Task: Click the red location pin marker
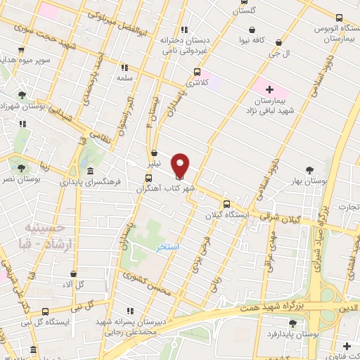coord(181,165)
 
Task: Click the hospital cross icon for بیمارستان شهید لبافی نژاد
coord(269,90)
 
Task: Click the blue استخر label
coord(168,247)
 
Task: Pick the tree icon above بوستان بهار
coord(310,169)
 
